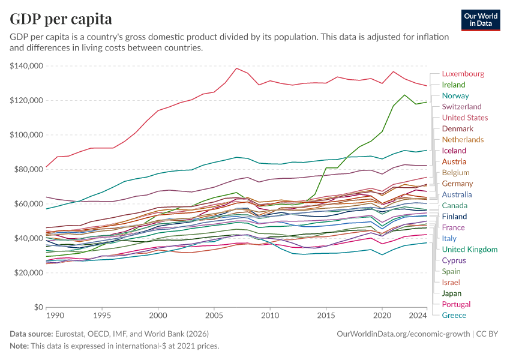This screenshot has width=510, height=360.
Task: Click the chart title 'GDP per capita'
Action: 61,19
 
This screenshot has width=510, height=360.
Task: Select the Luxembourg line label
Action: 463,74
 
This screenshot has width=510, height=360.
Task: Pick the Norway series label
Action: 455,96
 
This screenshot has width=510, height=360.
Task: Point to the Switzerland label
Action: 461,107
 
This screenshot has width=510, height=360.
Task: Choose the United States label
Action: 465,118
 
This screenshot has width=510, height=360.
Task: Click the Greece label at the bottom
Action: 454,316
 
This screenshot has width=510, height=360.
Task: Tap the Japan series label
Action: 452,293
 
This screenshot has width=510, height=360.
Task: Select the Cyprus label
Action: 454,260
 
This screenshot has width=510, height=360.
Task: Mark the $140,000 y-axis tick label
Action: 25,66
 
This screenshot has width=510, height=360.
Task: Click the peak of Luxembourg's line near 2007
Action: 237,68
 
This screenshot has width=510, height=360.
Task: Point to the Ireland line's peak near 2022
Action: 404,95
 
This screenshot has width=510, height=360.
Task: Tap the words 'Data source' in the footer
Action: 31,333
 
